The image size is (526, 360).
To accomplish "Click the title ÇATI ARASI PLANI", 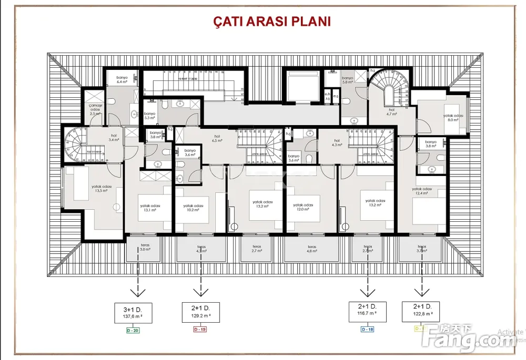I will pyautogui.click(x=271, y=22).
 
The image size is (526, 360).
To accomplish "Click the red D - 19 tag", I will pyautogui.click(x=200, y=330).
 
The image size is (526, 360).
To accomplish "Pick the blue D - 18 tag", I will pyautogui.click(x=368, y=329).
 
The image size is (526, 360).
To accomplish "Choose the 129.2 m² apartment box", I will pyautogui.click(x=200, y=312).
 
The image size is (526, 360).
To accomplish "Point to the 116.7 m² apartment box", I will pyautogui.click(x=368, y=311).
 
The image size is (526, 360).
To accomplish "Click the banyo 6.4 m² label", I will pyautogui.click(x=122, y=79).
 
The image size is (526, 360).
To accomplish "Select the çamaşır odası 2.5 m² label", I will pyautogui.click(x=95, y=109).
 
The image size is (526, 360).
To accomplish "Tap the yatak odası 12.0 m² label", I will pyautogui.click(x=303, y=207).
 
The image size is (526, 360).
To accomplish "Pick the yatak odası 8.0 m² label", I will pyautogui.click(x=452, y=118).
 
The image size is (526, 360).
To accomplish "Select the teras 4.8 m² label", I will pyautogui.click(x=312, y=249).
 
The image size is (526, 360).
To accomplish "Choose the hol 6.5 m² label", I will pyautogui.click(x=217, y=139).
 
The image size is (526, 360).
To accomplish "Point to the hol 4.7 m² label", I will pyautogui.click(x=391, y=111).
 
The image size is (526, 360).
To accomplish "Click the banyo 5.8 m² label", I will pyautogui.click(x=347, y=80).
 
